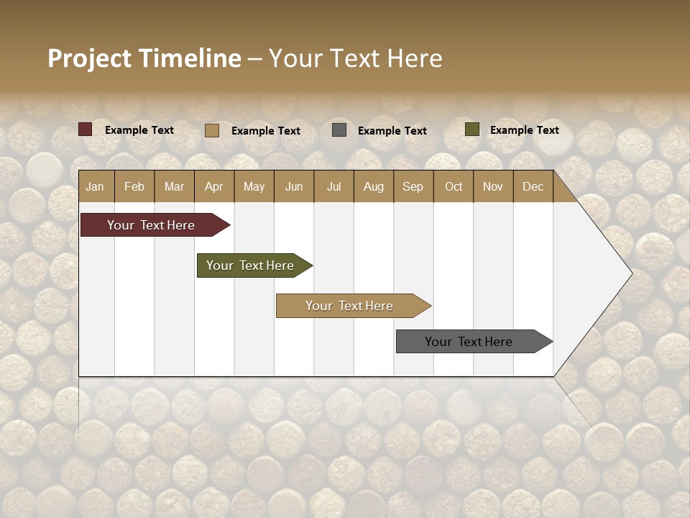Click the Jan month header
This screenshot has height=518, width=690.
click(x=95, y=186)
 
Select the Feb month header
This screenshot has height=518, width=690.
click(x=134, y=186)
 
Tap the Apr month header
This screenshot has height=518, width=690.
click(x=213, y=186)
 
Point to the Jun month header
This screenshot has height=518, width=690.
click(x=294, y=186)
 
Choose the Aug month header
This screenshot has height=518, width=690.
click(x=373, y=186)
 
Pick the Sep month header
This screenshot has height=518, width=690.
click(x=413, y=186)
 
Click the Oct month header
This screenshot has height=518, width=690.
click(x=454, y=186)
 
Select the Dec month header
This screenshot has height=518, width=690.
click(x=533, y=186)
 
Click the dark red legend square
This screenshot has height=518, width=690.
click(x=86, y=129)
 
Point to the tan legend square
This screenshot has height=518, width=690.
click(x=212, y=130)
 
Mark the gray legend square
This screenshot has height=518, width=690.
click(x=339, y=130)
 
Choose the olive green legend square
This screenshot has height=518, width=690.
click(x=472, y=129)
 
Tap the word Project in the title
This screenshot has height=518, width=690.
click(x=88, y=58)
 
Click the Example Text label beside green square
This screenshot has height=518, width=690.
click(x=524, y=129)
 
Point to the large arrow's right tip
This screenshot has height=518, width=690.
click(x=631, y=273)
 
